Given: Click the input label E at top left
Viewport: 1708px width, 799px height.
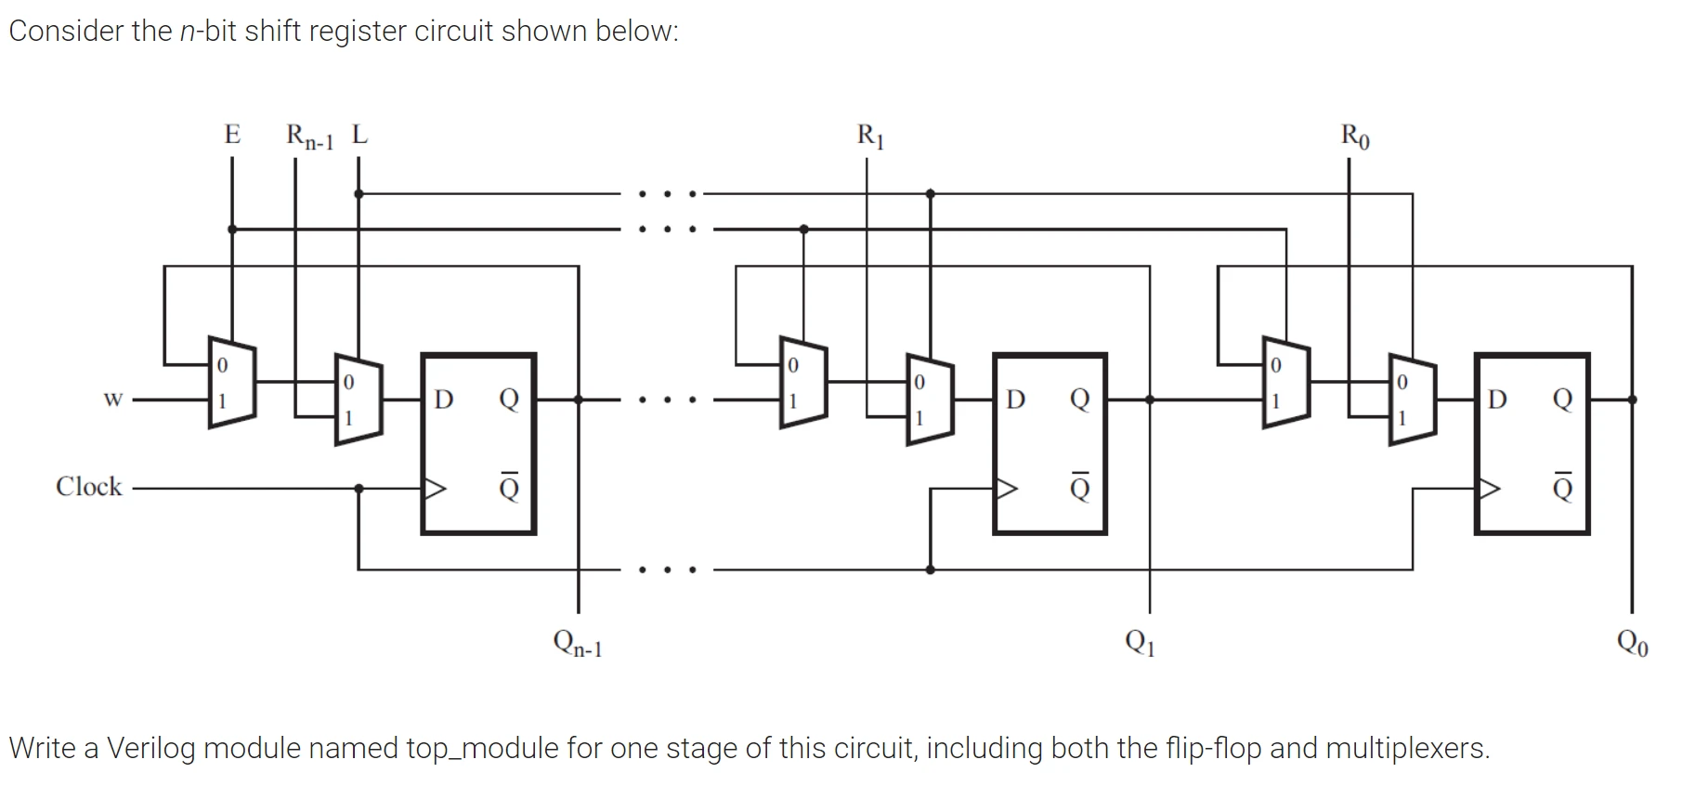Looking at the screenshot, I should pyautogui.click(x=232, y=135).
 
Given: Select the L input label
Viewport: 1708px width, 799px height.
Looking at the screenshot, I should pyautogui.click(x=359, y=135).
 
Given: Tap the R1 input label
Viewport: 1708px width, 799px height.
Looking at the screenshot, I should pyautogui.click(x=870, y=137).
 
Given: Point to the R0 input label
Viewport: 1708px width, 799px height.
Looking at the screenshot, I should pyautogui.click(x=1354, y=137).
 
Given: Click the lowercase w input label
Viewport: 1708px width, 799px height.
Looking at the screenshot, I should pyautogui.click(x=112, y=399).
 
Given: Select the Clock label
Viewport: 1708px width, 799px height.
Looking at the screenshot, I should pyautogui.click(x=88, y=487).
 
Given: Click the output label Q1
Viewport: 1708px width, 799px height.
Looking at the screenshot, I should pyautogui.click(x=1140, y=641).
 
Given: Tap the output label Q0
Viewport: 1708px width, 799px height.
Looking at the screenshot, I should pyautogui.click(x=1632, y=642).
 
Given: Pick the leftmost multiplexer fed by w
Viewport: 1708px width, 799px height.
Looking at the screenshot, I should pyautogui.click(x=232, y=383).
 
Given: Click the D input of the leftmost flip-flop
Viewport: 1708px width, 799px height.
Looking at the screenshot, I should pyautogui.click(x=444, y=399).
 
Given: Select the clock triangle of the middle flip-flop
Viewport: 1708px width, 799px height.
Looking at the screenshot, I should pyautogui.click(x=1006, y=488).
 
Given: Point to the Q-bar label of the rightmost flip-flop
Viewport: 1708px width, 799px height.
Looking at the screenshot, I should pyautogui.click(x=1563, y=487).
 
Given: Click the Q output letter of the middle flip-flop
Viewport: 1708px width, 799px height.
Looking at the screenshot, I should pyautogui.click(x=1079, y=399).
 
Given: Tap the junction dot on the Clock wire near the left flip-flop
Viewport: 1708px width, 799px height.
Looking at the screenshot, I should pyautogui.click(x=359, y=488).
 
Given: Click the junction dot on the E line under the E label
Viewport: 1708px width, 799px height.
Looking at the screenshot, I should pyautogui.click(x=232, y=229).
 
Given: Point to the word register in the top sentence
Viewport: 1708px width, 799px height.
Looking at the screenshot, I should pyautogui.click(x=358, y=32).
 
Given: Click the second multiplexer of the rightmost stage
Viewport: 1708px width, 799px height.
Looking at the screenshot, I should pyautogui.click(x=1412, y=399).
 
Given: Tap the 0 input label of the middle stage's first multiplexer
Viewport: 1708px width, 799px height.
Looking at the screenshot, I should pyautogui.click(x=791, y=365).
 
